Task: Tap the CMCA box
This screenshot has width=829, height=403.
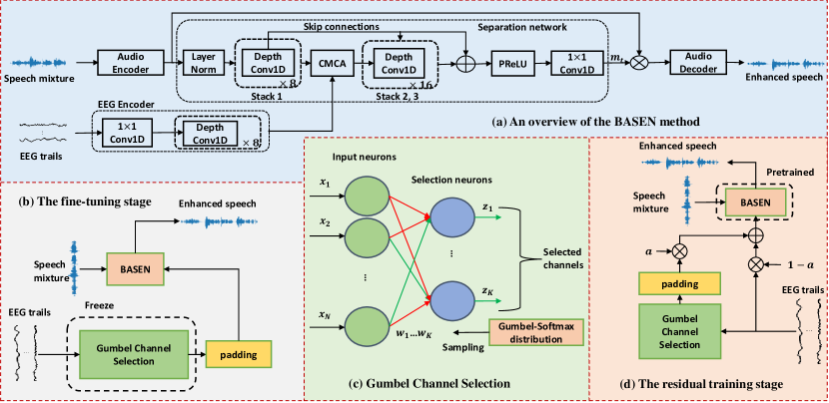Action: [329, 65]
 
